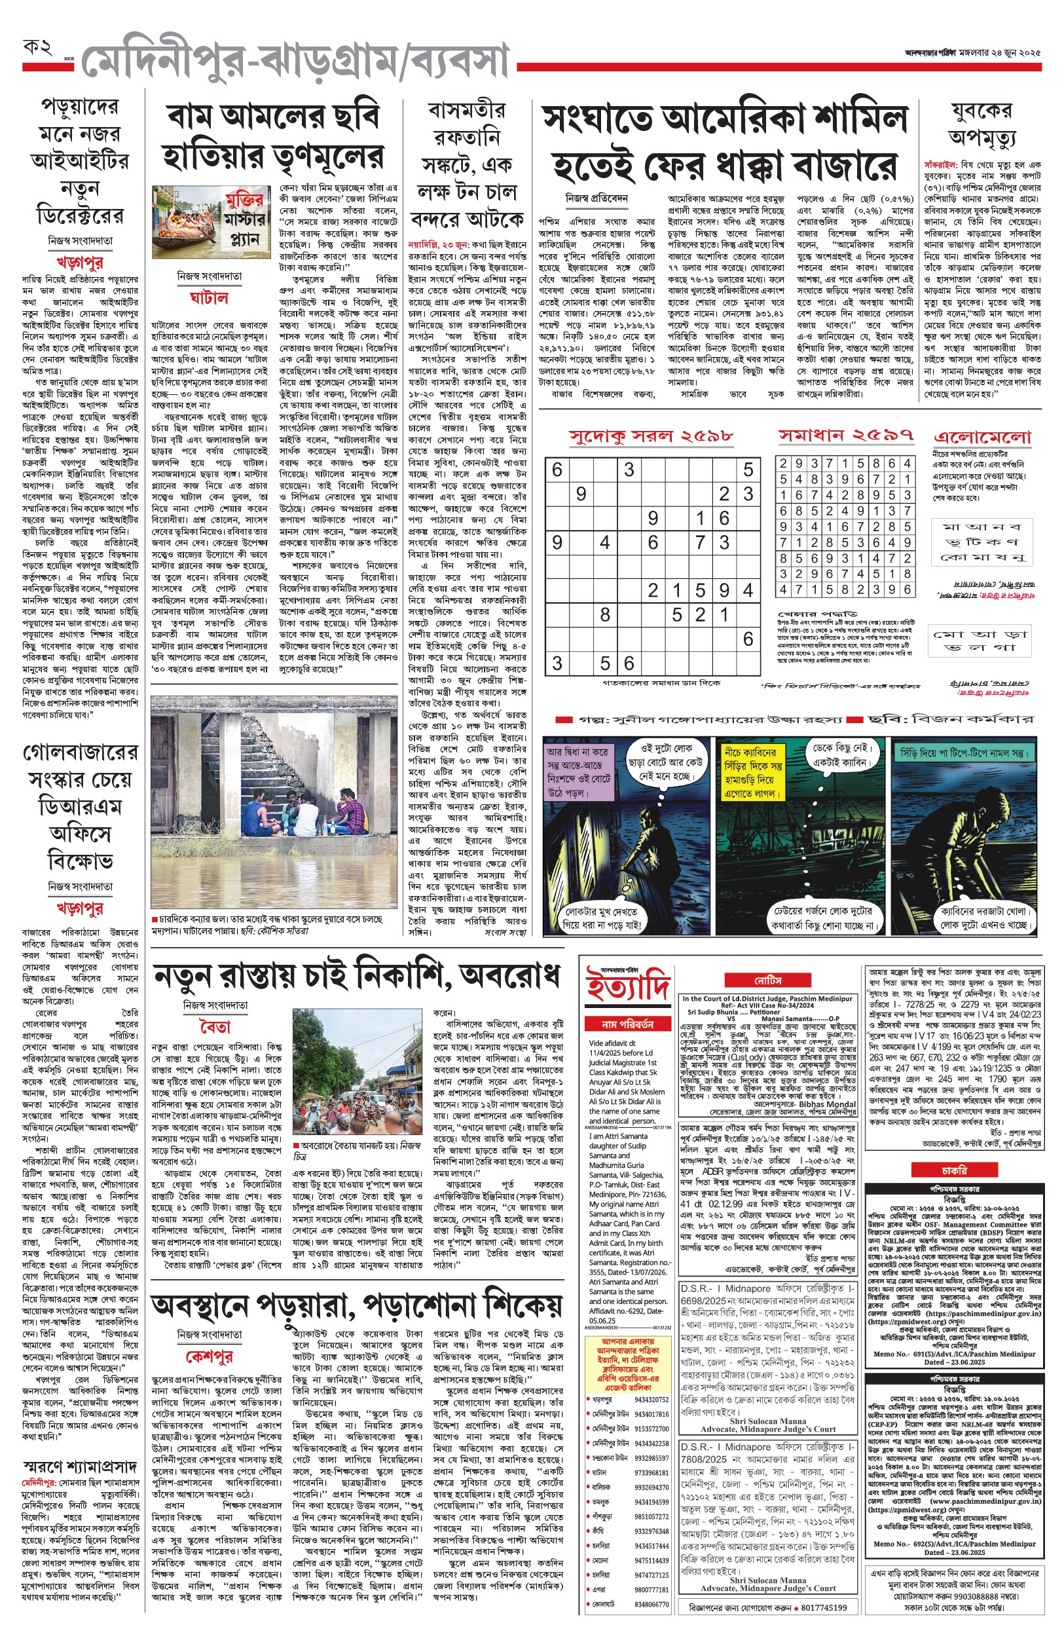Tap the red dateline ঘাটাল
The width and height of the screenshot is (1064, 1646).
pyautogui.click(x=209, y=298)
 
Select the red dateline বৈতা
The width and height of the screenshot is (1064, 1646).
pyautogui.click(x=215, y=1027)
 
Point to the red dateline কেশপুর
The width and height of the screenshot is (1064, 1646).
pyautogui.click(x=210, y=1356)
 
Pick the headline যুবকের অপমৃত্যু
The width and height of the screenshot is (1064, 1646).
pyautogui.click(x=981, y=124)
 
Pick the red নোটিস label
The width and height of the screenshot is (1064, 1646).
pyautogui.click(x=767, y=981)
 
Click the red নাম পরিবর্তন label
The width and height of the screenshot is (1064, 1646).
pyautogui.click(x=627, y=1024)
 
